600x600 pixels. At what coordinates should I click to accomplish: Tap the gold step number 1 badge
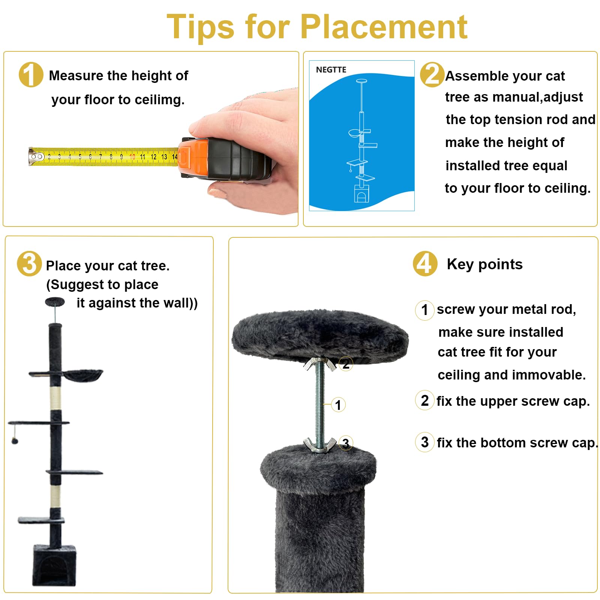31,75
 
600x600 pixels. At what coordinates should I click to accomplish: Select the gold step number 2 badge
432,75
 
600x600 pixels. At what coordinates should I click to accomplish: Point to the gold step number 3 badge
29,264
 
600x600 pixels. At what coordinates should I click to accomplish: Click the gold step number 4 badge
425,264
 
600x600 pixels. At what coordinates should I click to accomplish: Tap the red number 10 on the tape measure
132,157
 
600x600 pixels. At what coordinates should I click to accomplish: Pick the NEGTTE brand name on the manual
331,70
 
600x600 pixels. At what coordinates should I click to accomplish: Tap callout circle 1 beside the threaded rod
338,405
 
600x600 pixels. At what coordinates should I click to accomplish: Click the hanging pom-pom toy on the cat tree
15,440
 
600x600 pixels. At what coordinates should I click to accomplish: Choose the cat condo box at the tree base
54,565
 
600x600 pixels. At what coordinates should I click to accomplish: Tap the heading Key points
484,264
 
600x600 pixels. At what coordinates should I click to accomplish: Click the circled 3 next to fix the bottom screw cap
424,442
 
